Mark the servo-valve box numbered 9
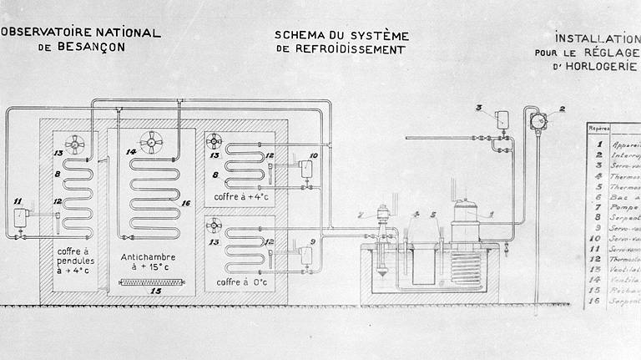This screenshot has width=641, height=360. (x=308, y=258)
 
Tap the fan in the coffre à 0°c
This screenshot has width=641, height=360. (x=215, y=225)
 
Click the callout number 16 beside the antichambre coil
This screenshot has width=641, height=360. (x=186, y=203)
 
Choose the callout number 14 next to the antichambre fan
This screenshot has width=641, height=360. (x=131, y=152)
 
